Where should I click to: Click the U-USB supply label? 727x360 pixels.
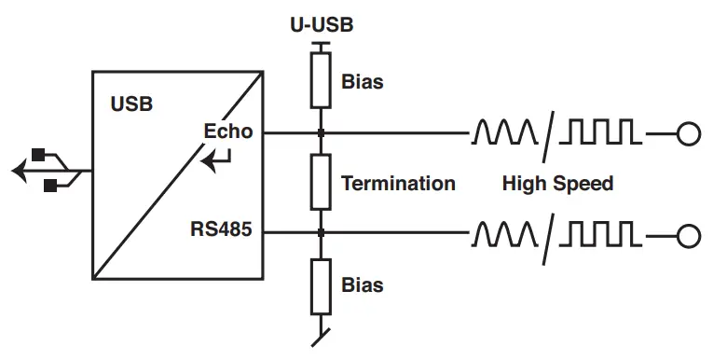[321, 25]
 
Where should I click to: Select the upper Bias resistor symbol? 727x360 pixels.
[321, 81]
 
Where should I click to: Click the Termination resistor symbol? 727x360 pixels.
[321, 182]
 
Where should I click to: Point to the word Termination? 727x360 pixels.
[398, 183]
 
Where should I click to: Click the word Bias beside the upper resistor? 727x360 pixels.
[363, 82]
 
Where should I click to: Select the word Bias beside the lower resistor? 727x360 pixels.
[363, 284]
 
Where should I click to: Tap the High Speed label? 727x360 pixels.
[557, 183]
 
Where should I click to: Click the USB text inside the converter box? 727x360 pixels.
[131, 104]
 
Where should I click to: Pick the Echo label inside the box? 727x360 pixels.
[228, 131]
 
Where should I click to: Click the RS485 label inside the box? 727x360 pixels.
[221, 228]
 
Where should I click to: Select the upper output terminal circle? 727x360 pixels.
[688, 134]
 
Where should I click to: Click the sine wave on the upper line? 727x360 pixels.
[504, 134]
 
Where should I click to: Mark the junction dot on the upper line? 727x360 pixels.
[321, 133]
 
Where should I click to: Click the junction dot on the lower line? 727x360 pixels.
[321, 232]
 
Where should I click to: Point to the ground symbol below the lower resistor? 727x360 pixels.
[321, 334]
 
